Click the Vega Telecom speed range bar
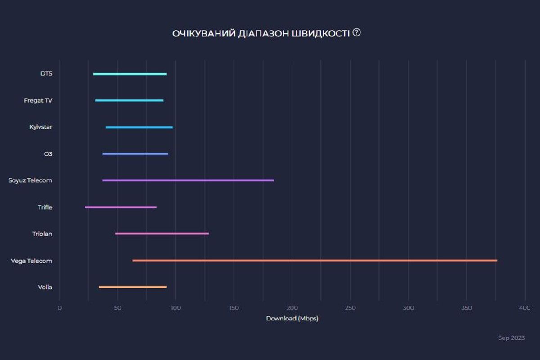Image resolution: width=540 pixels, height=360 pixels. pyautogui.click(x=315, y=261)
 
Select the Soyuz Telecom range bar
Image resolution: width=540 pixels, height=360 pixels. pyautogui.click(x=188, y=180)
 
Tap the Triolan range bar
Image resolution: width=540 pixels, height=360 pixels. pyautogui.click(x=162, y=234)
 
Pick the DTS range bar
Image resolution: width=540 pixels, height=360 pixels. pyautogui.click(x=130, y=74)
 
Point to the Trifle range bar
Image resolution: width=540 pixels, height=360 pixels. pyautogui.click(x=121, y=207)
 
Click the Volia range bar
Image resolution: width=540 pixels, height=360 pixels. pyautogui.click(x=133, y=287)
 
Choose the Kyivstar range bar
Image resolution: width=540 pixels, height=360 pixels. pyautogui.click(x=139, y=127)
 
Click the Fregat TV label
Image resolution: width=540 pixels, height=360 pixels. pyautogui.click(x=38, y=101)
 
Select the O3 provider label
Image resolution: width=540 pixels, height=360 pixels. pyautogui.click(x=48, y=154)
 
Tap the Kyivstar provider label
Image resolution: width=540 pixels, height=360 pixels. pyautogui.click(x=40, y=127)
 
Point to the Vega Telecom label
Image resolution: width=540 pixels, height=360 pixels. pyautogui.click(x=31, y=261)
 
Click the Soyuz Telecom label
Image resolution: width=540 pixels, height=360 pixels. pyautogui.click(x=30, y=180)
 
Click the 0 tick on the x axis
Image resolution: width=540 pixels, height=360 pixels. pyautogui.click(x=59, y=308)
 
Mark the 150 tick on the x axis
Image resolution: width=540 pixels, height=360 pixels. pyautogui.click(x=234, y=308)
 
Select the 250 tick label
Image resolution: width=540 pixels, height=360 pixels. pyautogui.click(x=350, y=308)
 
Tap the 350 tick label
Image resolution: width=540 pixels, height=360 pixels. pyautogui.click(x=466, y=308)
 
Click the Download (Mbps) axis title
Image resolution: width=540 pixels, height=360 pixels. pyautogui.click(x=292, y=319)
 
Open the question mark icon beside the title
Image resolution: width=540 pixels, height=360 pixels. pyautogui.click(x=357, y=32)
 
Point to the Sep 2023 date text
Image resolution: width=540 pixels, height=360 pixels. pyautogui.click(x=511, y=338)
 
